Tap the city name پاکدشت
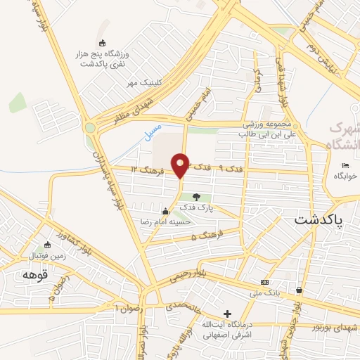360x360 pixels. [321, 221]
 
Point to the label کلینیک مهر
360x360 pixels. [144, 84]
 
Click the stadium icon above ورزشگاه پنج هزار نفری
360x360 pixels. [103, 44]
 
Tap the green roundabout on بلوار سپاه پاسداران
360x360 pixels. [90, 128]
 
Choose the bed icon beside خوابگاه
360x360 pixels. [345, 166]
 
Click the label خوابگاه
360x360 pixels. [345, 176]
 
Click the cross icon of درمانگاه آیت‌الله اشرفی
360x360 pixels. [226, 314]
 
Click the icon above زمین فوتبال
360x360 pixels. [48, 245]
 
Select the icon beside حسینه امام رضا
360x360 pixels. [166, 211]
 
